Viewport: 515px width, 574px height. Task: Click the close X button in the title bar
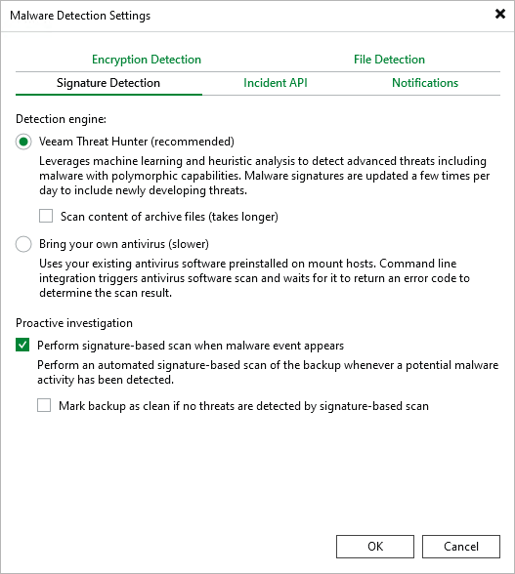500,15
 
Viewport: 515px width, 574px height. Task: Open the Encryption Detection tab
147,60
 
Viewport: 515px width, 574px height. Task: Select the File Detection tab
389,60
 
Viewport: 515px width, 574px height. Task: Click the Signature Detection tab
108,83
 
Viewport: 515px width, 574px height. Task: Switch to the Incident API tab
276,83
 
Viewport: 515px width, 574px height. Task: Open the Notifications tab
425,83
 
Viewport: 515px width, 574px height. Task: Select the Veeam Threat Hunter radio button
24,142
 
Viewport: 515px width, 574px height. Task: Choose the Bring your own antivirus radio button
24,244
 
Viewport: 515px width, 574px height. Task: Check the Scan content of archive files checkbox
46,216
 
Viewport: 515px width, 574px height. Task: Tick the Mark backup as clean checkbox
44,405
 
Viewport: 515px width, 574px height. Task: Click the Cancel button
460,547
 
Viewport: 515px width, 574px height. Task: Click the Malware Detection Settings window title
80,16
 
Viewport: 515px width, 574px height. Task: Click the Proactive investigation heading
75,323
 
